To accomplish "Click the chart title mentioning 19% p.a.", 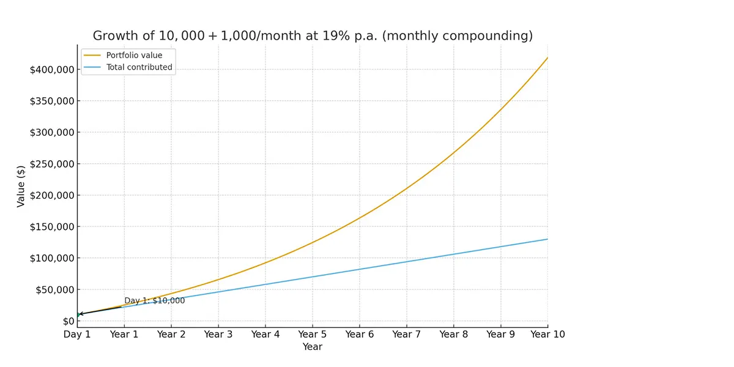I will pos(313,36).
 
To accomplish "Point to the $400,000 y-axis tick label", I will pos(52,70).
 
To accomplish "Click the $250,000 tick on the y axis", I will pos(52,164).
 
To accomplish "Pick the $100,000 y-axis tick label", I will pos(52,258).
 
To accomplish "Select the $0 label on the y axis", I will pos(68,321).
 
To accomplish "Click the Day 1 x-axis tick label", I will pos(77,334).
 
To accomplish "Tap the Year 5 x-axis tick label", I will pos(313,334).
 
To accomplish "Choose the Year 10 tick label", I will pos(547,334).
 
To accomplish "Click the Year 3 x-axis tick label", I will pos(218,334).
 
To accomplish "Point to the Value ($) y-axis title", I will pos(21,185).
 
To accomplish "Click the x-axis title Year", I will pos(312,347).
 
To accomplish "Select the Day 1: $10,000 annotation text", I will pos(154,301).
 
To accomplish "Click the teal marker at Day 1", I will pos(78,314).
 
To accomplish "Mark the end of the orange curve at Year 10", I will pos(547,57).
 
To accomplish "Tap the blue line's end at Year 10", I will pos(547,239).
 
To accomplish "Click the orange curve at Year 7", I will pos(407,188).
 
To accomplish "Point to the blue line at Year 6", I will pos(360,269).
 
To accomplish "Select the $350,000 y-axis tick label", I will pos(52,101).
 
